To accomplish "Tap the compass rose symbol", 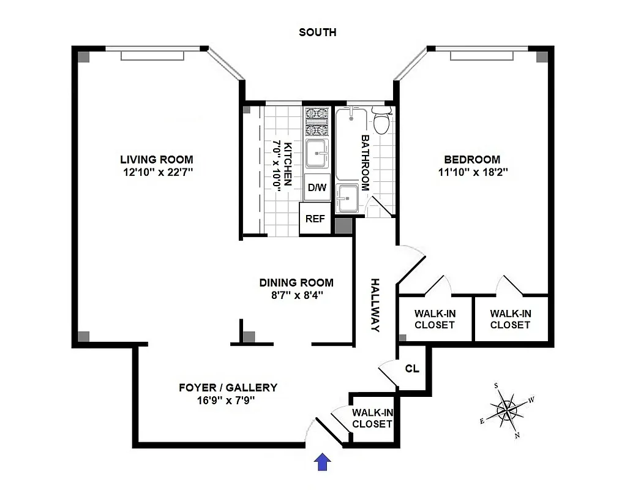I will point(508,410).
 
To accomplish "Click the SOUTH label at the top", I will point(317,32).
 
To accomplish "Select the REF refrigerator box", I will point(315,219).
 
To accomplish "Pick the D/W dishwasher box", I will point(317,187).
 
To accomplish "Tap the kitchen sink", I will point(317,153).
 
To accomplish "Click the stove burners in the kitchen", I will point(317,121).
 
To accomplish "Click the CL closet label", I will point(412,369).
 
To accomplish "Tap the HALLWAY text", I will point(375,305).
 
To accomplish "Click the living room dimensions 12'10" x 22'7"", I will point(157,172).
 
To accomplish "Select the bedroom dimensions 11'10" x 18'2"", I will point(473,172).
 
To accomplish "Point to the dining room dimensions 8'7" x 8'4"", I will point(296,295).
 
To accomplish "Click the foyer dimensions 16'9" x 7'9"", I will point(228,400).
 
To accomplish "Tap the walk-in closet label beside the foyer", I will point(372,418).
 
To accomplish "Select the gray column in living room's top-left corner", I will point(84,56).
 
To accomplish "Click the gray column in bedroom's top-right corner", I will point(542,56).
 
